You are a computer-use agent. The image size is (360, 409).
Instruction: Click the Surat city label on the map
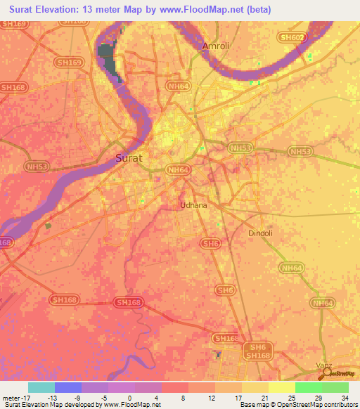(x=128, y=158)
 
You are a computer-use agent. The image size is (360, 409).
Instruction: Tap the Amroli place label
(x=216, y=46)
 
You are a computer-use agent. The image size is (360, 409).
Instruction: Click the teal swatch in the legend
(x=41, y=387)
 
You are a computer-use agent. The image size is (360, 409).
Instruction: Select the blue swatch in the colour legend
(x=68, y=387)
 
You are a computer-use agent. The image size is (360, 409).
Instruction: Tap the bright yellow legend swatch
(x=282, y=387)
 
